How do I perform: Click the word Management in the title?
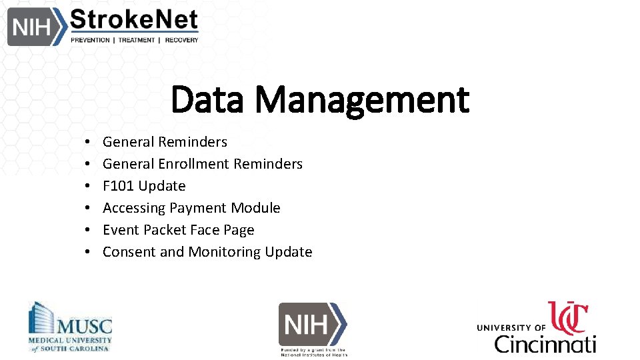coord(362,99)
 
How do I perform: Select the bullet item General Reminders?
coord(165,142)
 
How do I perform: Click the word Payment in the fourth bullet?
coord(196,208)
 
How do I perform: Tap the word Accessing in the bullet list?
coord(133,208)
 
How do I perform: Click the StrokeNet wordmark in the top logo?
coord(134,20)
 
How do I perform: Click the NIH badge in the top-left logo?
coord(31,27)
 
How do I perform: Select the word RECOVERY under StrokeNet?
coord(181,40)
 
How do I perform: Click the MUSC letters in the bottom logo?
coord(84,327)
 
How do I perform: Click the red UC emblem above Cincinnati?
coord(567,317)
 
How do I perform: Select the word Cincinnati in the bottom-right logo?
coord(545,343)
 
